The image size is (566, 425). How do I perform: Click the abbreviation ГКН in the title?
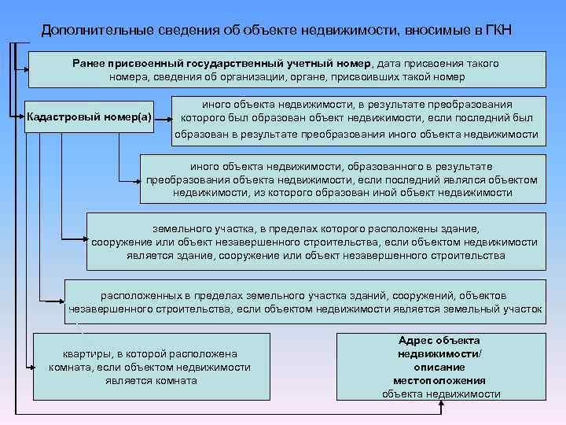[x=494, y=31]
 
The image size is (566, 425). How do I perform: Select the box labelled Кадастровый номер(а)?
[x=89, y=117]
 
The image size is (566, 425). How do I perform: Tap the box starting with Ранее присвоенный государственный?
[x=286, y=69]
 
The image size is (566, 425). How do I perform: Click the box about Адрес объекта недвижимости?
[x=440, y=367]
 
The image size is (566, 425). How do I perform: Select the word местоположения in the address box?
[x=440, y=380]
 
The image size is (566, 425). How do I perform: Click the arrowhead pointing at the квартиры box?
[x=31, y=367]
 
